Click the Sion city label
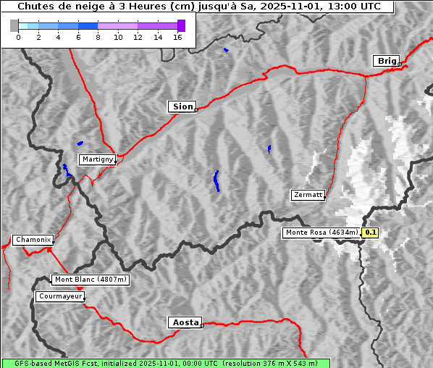point(182,106)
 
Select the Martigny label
point(97,159)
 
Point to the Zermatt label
point(308,195)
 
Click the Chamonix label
point(33,240)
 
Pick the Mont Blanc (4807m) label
point(91,280)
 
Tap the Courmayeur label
point(60,296)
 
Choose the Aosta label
point(184,322)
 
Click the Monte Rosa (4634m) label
point(321,233)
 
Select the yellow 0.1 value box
point(371,233)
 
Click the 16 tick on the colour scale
point(177,37)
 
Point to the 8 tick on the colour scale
point(98,37)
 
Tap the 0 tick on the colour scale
point(18,37)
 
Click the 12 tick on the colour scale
point(138,37)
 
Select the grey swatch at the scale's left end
point(14,25)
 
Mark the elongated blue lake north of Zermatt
point(216,180)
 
